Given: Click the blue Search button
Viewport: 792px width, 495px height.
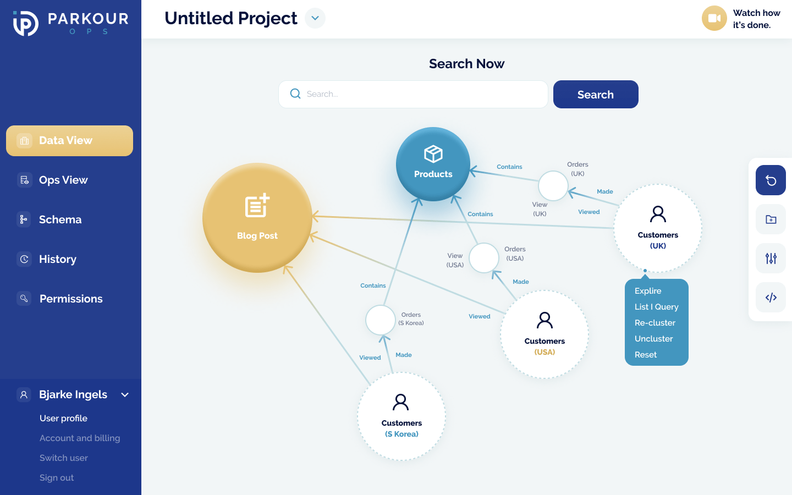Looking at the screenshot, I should click(x=596, y=95).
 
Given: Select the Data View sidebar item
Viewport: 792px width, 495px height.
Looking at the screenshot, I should click(x=69, y=141).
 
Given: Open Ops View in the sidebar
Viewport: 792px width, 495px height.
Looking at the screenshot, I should click(x=63, y=180).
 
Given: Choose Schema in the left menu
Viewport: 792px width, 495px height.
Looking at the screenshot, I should click(x=60, y=220).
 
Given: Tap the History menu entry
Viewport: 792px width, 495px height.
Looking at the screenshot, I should click(x=57, y=260).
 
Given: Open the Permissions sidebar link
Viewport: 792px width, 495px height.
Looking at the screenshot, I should click(x=70, y=299).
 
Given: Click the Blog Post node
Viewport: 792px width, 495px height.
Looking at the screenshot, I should click(x=257, y=218).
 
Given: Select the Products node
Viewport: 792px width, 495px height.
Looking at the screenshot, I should click(x=433, y=164).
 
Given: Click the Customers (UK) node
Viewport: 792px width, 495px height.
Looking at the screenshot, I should click(x=658, y=228).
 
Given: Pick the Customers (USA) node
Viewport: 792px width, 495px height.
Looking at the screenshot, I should click(x=544, y=334).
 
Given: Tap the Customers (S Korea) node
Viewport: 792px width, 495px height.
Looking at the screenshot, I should click(x=402, y=416).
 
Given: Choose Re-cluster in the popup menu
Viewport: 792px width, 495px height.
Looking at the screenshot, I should click(x=655, y=323).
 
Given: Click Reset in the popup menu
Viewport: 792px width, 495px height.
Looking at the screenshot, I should click(x=646, y=355).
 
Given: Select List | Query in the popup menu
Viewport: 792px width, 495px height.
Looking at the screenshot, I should click(x=657, y=307).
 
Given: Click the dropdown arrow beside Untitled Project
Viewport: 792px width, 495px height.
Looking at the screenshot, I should click(x=315, y=18).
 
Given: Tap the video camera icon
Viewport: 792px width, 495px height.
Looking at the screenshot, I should click(x=714, y=18).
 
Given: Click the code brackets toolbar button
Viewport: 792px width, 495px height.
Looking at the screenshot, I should click(x=771, y=298).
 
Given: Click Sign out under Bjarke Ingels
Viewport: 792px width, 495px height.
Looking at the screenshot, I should click(x=57, y=478).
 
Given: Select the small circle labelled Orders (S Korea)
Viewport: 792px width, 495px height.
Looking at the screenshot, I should click(x=381, y=320).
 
